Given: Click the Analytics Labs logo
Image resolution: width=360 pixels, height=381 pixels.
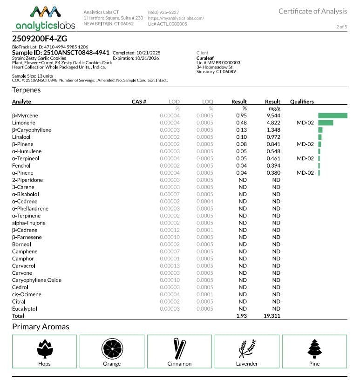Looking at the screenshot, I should pos(43,18).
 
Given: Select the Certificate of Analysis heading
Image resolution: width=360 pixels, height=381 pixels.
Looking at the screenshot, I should pos(312,11).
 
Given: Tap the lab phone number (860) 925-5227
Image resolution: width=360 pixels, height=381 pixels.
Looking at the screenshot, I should pos(163,12).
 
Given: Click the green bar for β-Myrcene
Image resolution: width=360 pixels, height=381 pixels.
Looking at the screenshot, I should pos(333,116).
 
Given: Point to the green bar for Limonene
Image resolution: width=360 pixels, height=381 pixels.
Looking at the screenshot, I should pos(326,122).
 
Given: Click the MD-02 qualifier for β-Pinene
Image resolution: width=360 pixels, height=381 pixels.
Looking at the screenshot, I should pos(305,144).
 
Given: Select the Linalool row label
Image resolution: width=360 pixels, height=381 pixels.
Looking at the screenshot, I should pos(22,137).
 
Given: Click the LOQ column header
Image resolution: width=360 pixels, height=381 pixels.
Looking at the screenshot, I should pos(207,102).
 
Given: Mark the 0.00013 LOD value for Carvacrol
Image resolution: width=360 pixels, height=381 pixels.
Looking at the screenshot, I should pos(170,266).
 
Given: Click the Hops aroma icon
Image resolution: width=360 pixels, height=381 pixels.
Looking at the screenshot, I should pos(45,348).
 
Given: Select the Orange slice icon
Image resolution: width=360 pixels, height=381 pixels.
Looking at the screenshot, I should pos(112,348).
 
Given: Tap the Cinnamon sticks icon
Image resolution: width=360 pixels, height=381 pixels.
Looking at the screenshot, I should pos(179,348).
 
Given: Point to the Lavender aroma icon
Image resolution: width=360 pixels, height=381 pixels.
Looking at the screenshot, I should pos(247,348).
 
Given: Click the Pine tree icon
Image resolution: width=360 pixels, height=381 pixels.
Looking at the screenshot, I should pos(314,348).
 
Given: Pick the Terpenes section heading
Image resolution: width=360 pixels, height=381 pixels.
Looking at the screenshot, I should pos(27,90).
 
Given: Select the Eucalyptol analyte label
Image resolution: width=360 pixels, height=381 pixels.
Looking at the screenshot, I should pos(25,309).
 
